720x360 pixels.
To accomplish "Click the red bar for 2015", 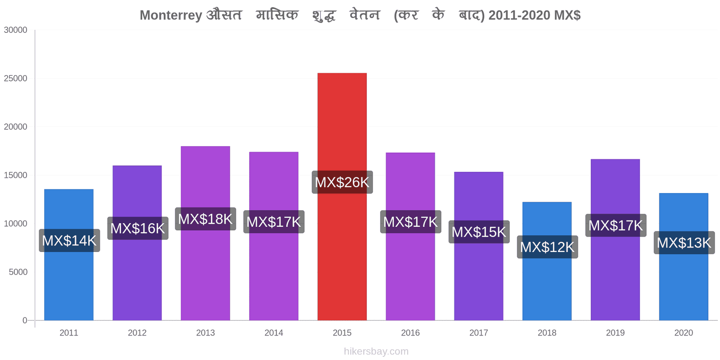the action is pos(342,197).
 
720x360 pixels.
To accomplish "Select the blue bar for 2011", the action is pos(69,255).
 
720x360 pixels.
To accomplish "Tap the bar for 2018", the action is pos(547,261).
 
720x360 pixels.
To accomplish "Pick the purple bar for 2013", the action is pos(205,234).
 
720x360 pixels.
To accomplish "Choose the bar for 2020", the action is pos(684,257).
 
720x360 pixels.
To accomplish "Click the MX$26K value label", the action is pos(342,182).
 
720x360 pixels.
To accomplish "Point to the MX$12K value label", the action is pos(547,247).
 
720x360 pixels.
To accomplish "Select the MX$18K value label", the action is pos(205,219).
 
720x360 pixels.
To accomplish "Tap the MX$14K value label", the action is pos(69,240).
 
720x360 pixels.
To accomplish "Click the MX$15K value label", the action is pos(479,232).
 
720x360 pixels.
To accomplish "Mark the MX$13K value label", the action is pos(684,243).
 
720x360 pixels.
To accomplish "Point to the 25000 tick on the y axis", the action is pos(15,78).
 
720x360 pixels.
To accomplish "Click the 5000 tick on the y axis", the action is pos(18,272).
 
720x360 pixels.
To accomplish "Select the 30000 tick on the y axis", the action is pos(15,30).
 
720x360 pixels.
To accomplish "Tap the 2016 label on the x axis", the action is pos(410,333).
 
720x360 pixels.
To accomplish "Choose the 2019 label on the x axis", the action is pos(615,333).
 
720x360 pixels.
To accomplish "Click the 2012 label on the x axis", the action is pos(137,333).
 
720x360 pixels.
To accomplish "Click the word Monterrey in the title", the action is pos(171,15).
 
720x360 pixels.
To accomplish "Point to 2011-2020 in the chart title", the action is pos(519,15).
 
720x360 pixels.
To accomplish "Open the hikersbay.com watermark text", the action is pos(376,351).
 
